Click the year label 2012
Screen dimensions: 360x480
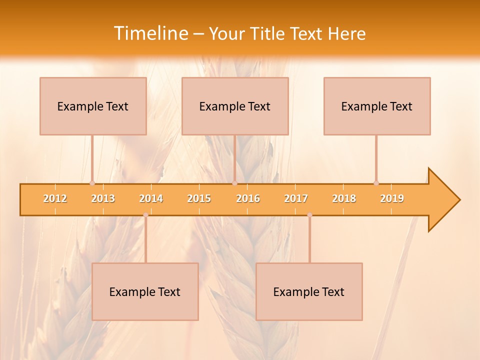55,198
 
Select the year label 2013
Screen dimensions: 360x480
103,198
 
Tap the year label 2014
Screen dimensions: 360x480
151,198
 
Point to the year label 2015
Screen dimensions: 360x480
199,198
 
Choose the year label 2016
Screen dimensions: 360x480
248,198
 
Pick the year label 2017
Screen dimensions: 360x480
296,198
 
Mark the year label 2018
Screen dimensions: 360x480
344,198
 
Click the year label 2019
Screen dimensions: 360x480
392,198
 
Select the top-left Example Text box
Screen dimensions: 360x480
93,106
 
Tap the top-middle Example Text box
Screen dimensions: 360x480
235,106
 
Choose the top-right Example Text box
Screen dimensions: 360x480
377,106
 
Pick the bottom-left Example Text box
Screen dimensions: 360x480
145,291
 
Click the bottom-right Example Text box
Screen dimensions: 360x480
309,291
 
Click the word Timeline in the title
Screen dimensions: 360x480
150,33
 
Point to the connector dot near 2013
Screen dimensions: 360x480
92,183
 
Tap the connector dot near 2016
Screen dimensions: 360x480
234,183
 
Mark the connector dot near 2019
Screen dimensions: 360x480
376,183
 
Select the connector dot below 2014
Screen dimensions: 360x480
145,215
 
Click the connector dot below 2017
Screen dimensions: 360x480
309,215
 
